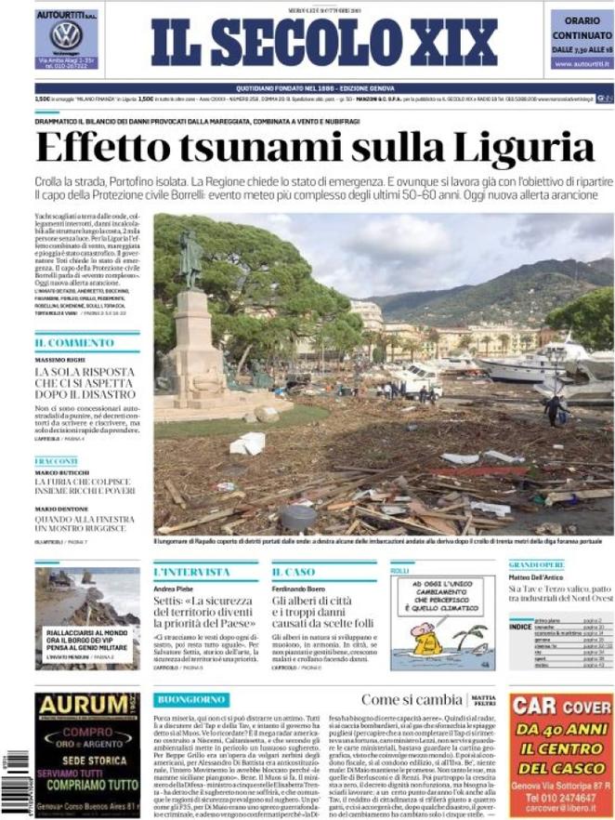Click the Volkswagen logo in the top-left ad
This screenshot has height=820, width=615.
point(66,35)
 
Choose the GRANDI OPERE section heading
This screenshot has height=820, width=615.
point(537,564)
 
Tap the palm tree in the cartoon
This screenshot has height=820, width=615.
point(472,635)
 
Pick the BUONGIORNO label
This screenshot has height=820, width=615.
point(191,698)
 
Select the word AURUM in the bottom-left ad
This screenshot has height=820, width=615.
point(81,706)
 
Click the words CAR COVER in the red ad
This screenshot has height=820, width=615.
point(560,707)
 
